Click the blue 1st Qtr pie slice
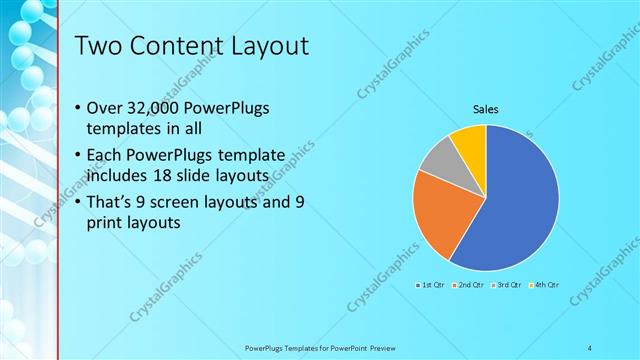[x=515, y=205]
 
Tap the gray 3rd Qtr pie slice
[x=438, y=159]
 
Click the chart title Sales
[x=486, y=109]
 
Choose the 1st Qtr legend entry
[x=432, y=286]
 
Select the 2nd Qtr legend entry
[x=469, y=286]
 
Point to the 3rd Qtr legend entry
[x=507, y=286]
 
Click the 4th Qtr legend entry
[x=544, y=286]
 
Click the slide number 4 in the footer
[x=590, y=347]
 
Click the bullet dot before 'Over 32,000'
[x=79, y=108]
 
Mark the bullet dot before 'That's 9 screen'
[x=79, y=202]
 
